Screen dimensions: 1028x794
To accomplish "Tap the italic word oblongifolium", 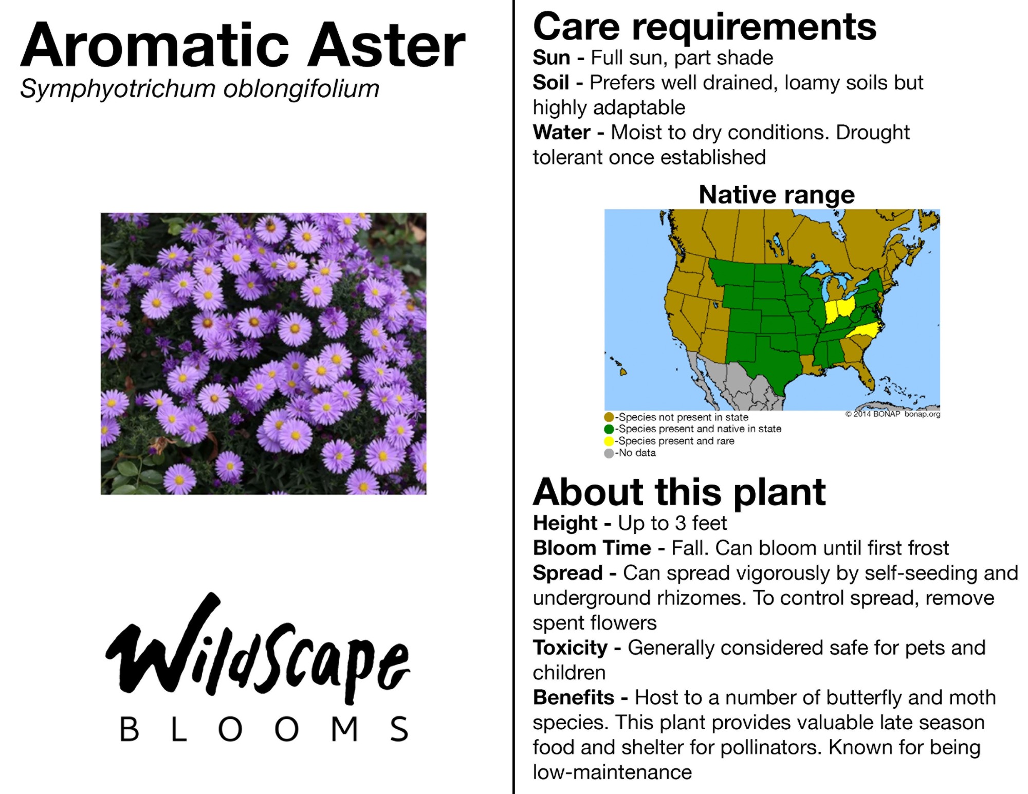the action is [x=301, y=89].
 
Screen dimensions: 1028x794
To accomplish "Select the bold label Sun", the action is [x=552, y=58].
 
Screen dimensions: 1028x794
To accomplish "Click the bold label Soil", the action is [x=551, y=82].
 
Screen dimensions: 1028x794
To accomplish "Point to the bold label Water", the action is [x=562, y=132].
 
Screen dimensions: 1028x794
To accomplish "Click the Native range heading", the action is [x=777, y=194].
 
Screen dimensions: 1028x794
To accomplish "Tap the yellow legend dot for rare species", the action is [x=609, y=441].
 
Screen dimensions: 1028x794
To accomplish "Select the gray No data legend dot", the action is [x=609, y=453].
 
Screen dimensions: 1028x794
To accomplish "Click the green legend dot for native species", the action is [x=609, y=429].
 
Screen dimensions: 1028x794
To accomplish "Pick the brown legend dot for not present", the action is [x=609, y=417].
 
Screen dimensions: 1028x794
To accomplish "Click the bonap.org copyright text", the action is [x=893, y=414].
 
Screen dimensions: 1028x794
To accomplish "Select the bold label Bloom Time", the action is [x=592, y=548].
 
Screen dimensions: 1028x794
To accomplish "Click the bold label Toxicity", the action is [x=570, y=648].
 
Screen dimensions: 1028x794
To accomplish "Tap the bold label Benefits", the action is [x=574, y=697].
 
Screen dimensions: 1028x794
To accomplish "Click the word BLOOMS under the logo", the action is [x=264, y=729].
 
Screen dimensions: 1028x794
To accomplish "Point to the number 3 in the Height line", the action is [x=681, y=523].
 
